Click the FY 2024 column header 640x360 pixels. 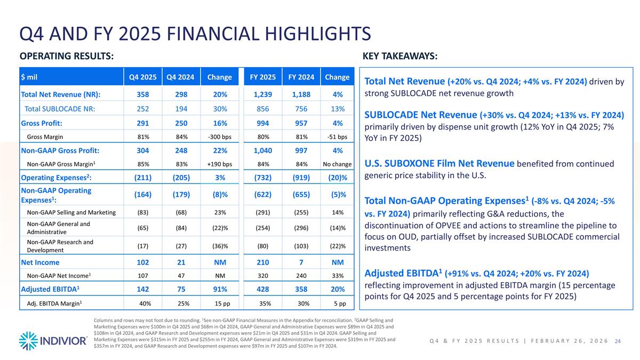click(300, 77)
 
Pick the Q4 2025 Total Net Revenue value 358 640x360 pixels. click(142, 94)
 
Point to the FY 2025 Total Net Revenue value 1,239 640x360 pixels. click(266, 94)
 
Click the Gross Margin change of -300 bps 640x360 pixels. click(219, 137)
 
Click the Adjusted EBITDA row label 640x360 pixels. click(48, 290)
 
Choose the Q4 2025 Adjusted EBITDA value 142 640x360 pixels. click(143, 290)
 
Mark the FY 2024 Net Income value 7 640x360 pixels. click(301, 262)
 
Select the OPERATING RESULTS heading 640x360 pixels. click(66, 56)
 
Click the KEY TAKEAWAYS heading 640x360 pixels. click(400, 56)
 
